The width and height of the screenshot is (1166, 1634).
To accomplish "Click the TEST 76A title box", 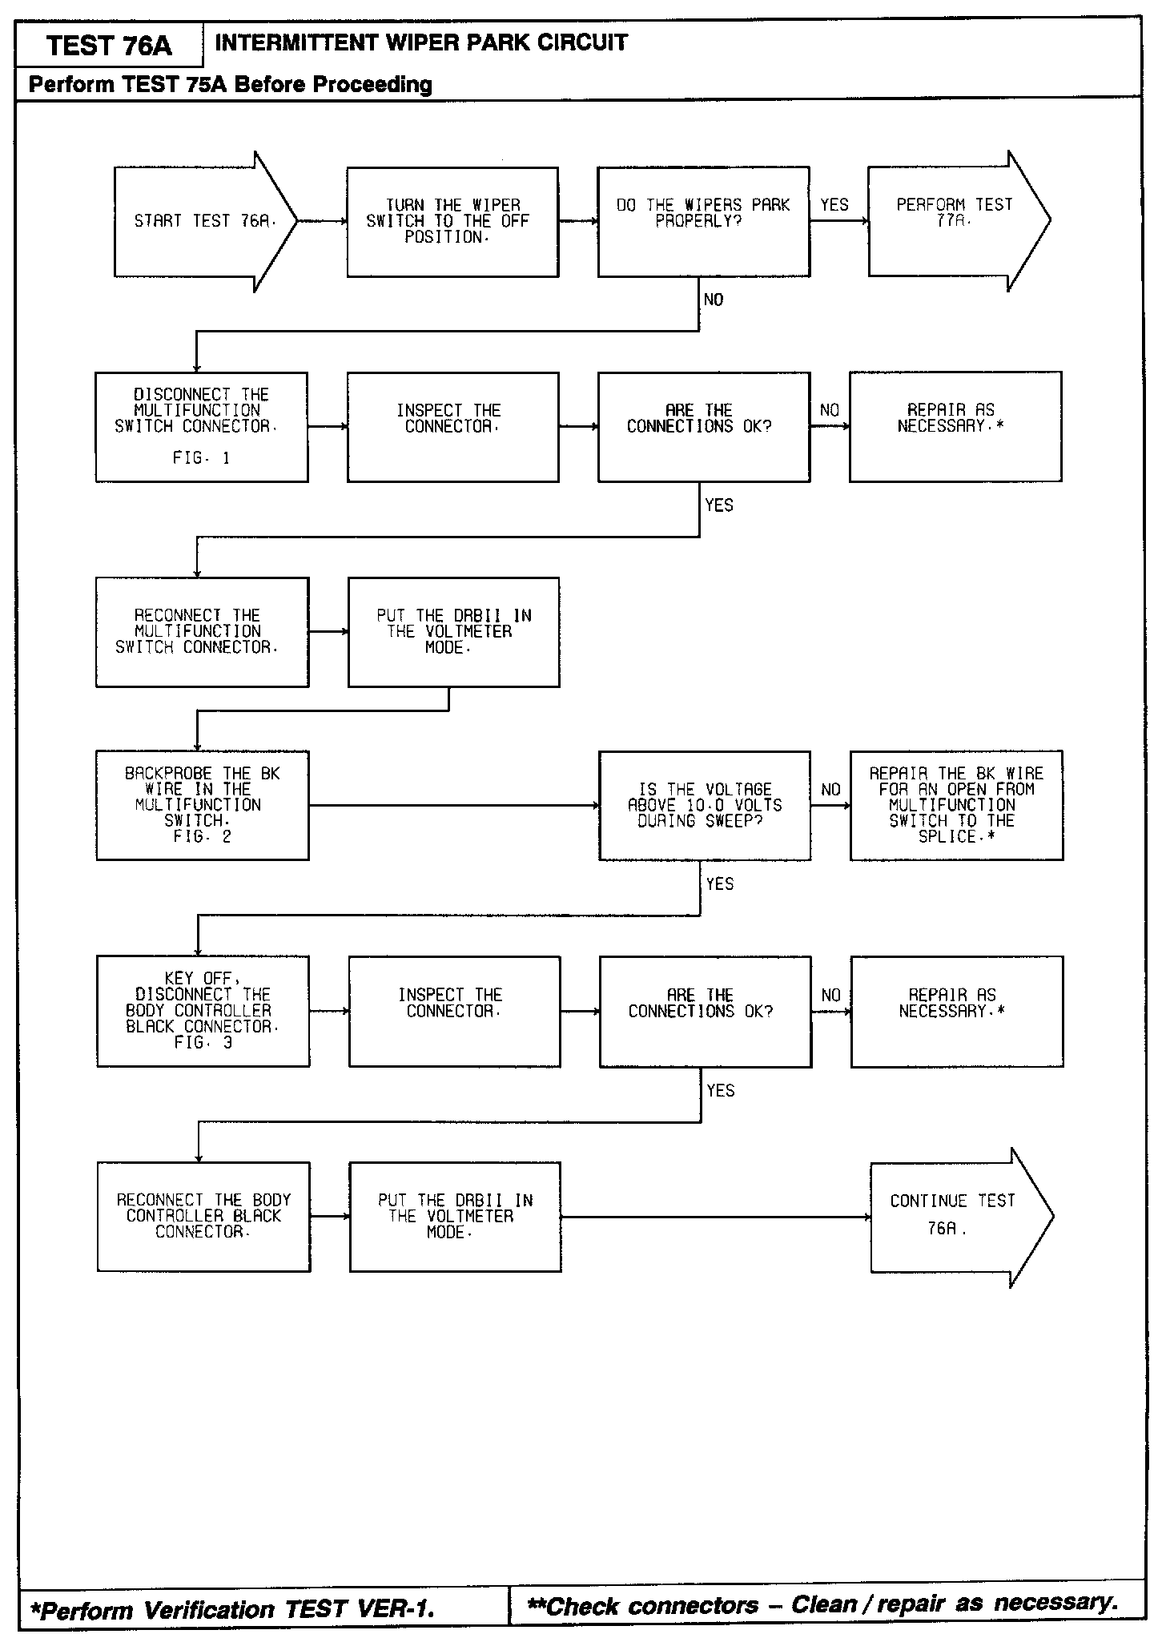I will [x=109, y=45].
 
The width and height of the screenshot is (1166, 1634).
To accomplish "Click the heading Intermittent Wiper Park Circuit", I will [x=421, y=42].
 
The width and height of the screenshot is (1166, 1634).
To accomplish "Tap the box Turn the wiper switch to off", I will [x=452, y=222].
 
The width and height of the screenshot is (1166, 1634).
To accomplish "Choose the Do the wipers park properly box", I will [x=703, y=222].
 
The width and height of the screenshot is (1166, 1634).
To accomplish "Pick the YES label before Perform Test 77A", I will [x=834, y=205].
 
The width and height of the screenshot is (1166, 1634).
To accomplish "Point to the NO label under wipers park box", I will [x=714, y=300].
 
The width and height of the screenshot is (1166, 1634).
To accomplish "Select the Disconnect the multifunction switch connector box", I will [x=202, y=427].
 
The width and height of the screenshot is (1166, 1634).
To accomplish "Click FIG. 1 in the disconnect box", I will [x=201, y=458].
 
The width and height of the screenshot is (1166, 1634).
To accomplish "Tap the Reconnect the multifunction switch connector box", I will [x=202, y=632].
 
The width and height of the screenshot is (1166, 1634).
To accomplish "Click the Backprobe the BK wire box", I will [x=203, y=805].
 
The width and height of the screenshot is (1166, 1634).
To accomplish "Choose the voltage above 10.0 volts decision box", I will [x=705, y=805].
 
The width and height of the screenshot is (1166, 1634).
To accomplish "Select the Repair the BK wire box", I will [x=956, y=805].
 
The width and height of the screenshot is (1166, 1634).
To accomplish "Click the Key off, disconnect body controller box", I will [x=203, y=1011].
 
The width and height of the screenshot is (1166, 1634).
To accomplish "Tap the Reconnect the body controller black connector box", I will [x=203, y=1217].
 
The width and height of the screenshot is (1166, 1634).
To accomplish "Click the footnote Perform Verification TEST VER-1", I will [x=233, y=1608].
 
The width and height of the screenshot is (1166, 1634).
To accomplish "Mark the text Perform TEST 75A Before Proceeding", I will [x=231, y=84].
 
